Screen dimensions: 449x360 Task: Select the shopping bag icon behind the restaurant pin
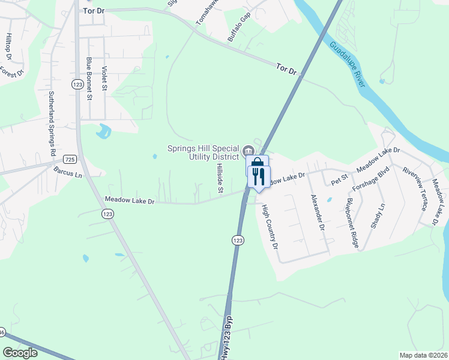(257, 163)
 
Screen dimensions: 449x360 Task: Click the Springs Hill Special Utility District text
(203, 152)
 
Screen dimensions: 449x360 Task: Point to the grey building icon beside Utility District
(249, 150)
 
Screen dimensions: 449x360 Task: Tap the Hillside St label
(220, 179)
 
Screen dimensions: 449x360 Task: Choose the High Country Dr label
(269, 227)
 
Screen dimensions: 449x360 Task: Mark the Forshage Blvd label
(372, 178)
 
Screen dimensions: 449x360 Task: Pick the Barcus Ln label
(67, 174)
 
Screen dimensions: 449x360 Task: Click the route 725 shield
(70, 159)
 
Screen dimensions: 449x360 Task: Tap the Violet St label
(104, 79)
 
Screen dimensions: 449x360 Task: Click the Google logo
(20, 353)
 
